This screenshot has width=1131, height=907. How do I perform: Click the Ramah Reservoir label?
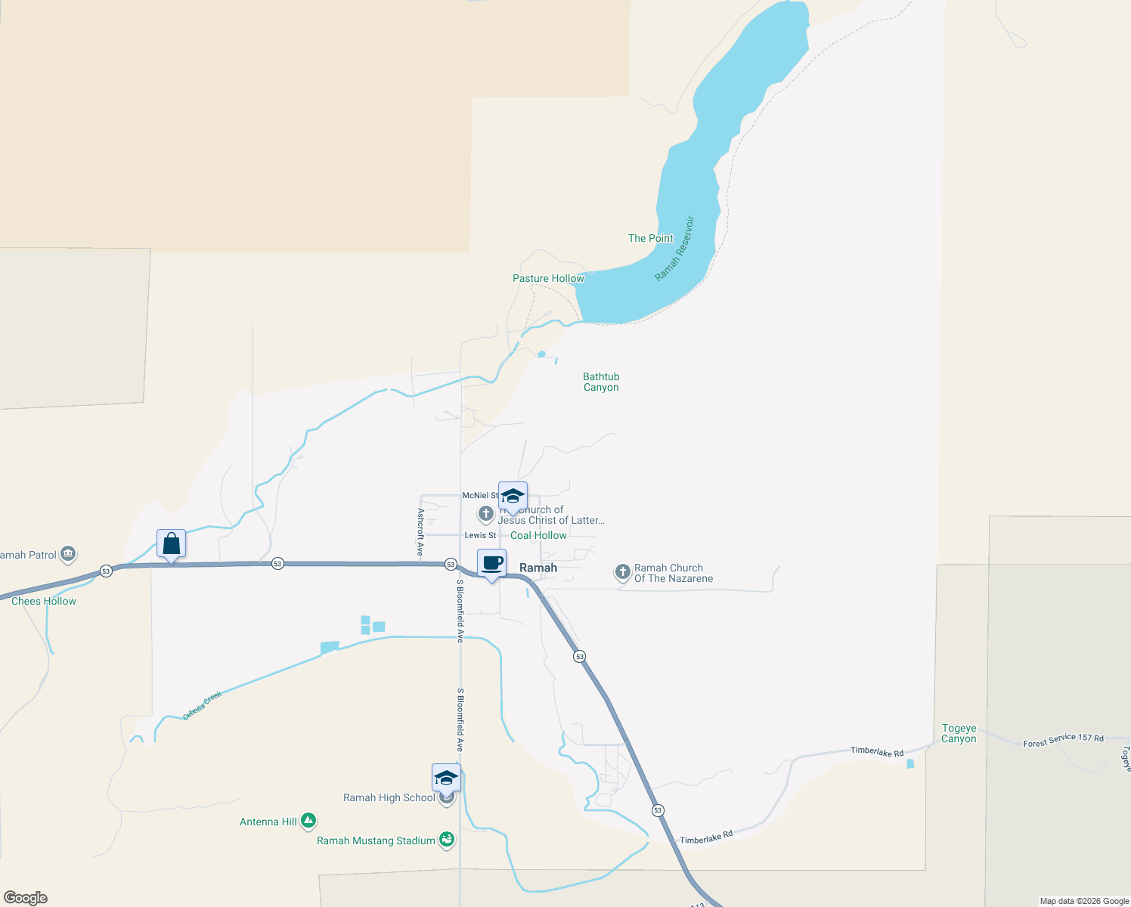click(x=674, y=249)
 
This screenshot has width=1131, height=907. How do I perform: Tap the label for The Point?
click(x=650, y=238)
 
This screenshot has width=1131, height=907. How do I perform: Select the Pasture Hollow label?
click(x=548, y=278)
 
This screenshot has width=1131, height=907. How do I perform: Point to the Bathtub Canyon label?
click(x=601, y=382)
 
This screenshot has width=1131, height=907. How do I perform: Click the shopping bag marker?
click(x=172, y=543)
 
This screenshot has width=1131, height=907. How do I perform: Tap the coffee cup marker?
click(x=491, y=563)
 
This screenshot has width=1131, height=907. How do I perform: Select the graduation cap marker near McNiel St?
click(x=513, y=497)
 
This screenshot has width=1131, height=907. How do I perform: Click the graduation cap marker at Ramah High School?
click(x=446, y=778)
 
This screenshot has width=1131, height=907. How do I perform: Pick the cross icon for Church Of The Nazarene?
click(x=622, y=572)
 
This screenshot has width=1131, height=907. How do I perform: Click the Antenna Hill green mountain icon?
click(x=308, y=821)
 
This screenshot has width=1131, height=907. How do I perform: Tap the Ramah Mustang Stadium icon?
click(x=447, y=840)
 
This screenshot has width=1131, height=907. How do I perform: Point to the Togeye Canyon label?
click(x=959, y=734)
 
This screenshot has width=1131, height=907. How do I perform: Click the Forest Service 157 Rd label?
click(x=1063, y=740)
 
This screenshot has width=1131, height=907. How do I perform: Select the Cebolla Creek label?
click(x=202, y=705)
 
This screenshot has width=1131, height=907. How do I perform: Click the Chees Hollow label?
click(x=44, y=601)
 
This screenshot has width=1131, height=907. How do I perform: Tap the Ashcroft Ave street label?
click(x=420, y=531)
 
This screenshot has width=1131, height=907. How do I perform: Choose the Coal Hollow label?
click(x=538, y=535)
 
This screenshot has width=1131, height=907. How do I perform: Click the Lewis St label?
click(x=480, y=535)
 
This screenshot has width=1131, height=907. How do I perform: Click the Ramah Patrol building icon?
click(x=68, y=554)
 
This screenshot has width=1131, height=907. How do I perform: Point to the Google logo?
click(x=26, y=898)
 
